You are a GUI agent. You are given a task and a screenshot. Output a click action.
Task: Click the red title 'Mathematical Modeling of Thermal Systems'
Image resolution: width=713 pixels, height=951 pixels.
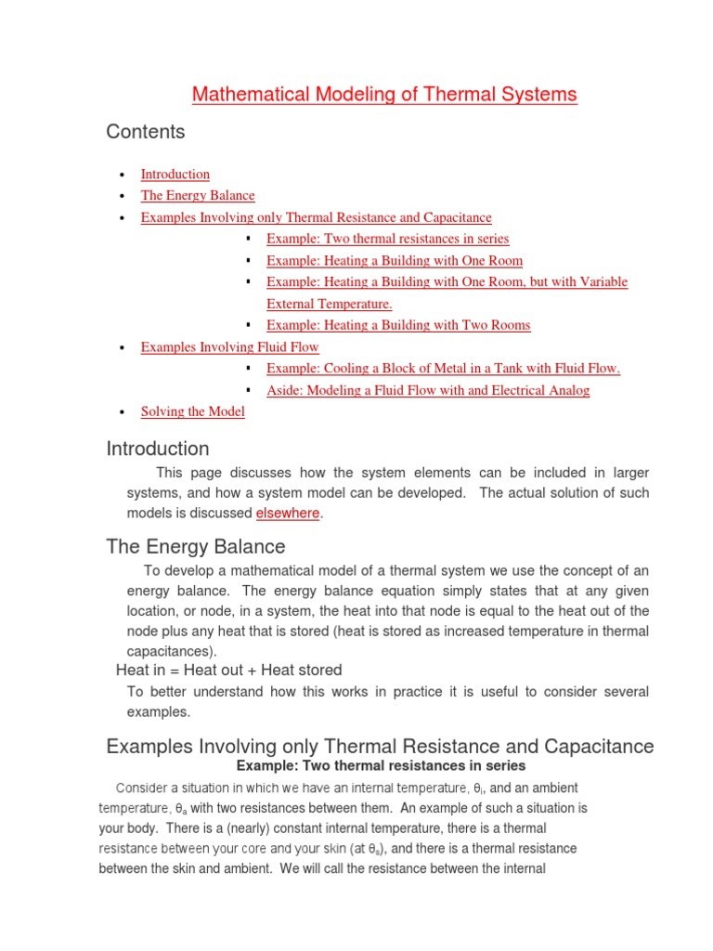384,95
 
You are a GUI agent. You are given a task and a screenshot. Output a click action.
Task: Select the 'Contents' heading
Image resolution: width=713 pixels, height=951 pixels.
146,132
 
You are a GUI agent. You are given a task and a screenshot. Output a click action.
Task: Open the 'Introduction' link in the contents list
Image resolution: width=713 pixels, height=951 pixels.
175,174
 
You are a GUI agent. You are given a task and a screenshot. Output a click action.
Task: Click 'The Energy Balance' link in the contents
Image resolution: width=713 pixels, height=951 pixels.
197,195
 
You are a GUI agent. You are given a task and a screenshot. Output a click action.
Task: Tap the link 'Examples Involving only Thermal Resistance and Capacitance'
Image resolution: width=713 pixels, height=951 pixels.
316,217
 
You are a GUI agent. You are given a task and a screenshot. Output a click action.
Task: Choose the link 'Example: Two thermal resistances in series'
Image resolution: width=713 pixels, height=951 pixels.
387,239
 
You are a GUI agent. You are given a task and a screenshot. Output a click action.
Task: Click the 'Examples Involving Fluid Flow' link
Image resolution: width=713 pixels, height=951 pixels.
229,346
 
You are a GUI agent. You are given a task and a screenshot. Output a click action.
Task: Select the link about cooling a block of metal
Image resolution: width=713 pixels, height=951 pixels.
443,369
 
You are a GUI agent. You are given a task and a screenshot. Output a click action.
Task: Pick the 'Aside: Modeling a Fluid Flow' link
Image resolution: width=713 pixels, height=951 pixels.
427,390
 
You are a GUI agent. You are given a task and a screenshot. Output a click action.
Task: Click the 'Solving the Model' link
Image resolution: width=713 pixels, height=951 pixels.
192,411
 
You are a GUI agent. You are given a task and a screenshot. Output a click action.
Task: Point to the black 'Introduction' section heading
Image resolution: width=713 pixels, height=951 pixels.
158,449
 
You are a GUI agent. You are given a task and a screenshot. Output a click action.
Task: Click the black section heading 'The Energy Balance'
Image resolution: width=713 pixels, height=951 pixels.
196,546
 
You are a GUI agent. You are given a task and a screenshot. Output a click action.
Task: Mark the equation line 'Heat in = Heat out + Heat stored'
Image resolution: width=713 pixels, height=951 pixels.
228,670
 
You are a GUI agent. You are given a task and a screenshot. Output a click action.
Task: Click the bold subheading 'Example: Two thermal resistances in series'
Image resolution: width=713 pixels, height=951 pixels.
381,766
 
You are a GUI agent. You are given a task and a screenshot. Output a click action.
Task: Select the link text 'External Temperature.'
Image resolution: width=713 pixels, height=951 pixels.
330,304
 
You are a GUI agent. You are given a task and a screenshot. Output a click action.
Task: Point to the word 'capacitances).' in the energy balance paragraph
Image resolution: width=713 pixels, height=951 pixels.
170,651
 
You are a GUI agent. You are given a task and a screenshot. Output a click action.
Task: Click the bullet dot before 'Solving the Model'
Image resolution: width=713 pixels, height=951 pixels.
122,412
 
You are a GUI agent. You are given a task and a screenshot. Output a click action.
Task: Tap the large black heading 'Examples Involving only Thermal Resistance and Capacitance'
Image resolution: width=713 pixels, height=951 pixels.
380,746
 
